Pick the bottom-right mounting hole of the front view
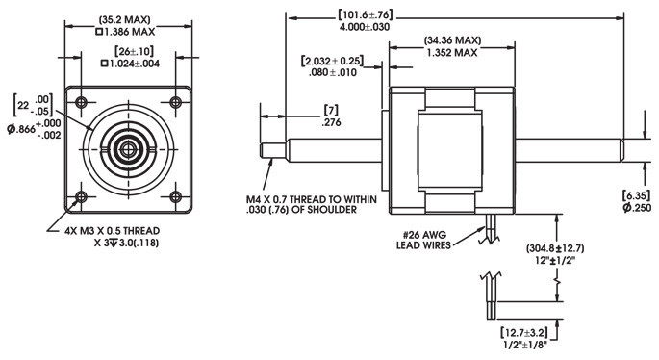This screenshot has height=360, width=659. [174, 198]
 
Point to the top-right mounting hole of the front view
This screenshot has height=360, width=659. [174, 102]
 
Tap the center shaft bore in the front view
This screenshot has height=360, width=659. [127, 150]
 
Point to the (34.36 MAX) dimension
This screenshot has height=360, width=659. [453, 42]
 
